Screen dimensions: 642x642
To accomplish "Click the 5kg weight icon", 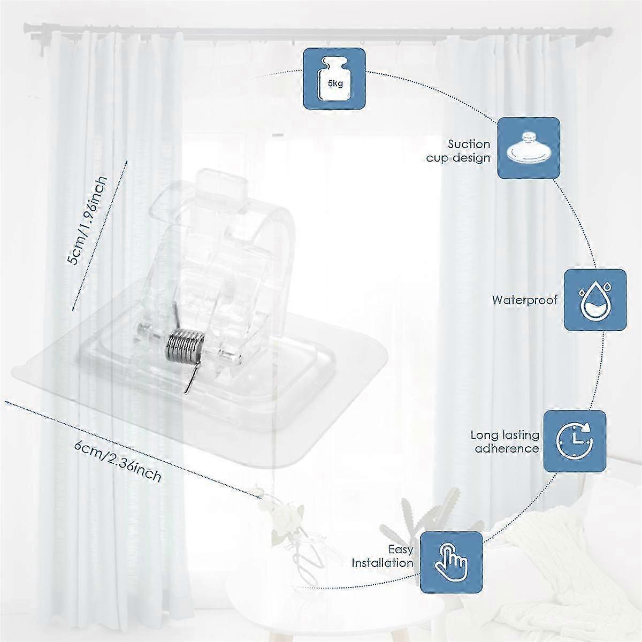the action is click(x=334, y=79).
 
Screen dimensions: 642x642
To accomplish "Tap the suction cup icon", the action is click(x=529, y=148).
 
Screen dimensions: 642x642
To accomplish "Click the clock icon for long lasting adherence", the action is click(x=575, y=441).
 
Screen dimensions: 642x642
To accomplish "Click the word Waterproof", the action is click(x=524, y=300).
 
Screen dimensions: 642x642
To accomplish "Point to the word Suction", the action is click(x=469, y=144).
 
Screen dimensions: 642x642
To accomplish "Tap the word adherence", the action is click(x=507, y=449).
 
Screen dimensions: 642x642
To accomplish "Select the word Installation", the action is click(x=383, y=563).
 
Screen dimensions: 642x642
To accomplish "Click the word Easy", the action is click(x=401, y=549).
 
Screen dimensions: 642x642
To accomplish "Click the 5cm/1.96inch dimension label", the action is click(x=87, y=220).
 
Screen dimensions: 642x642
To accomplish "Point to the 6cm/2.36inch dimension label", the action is click(x=118, y=461).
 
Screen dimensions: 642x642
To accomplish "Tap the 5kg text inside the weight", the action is click(x=335, y=83).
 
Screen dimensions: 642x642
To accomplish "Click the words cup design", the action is click(x=458, y=158).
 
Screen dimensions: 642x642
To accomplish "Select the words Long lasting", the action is click(x=505, y=435).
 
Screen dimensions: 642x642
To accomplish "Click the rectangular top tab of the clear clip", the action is click(x=221, y=184).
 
